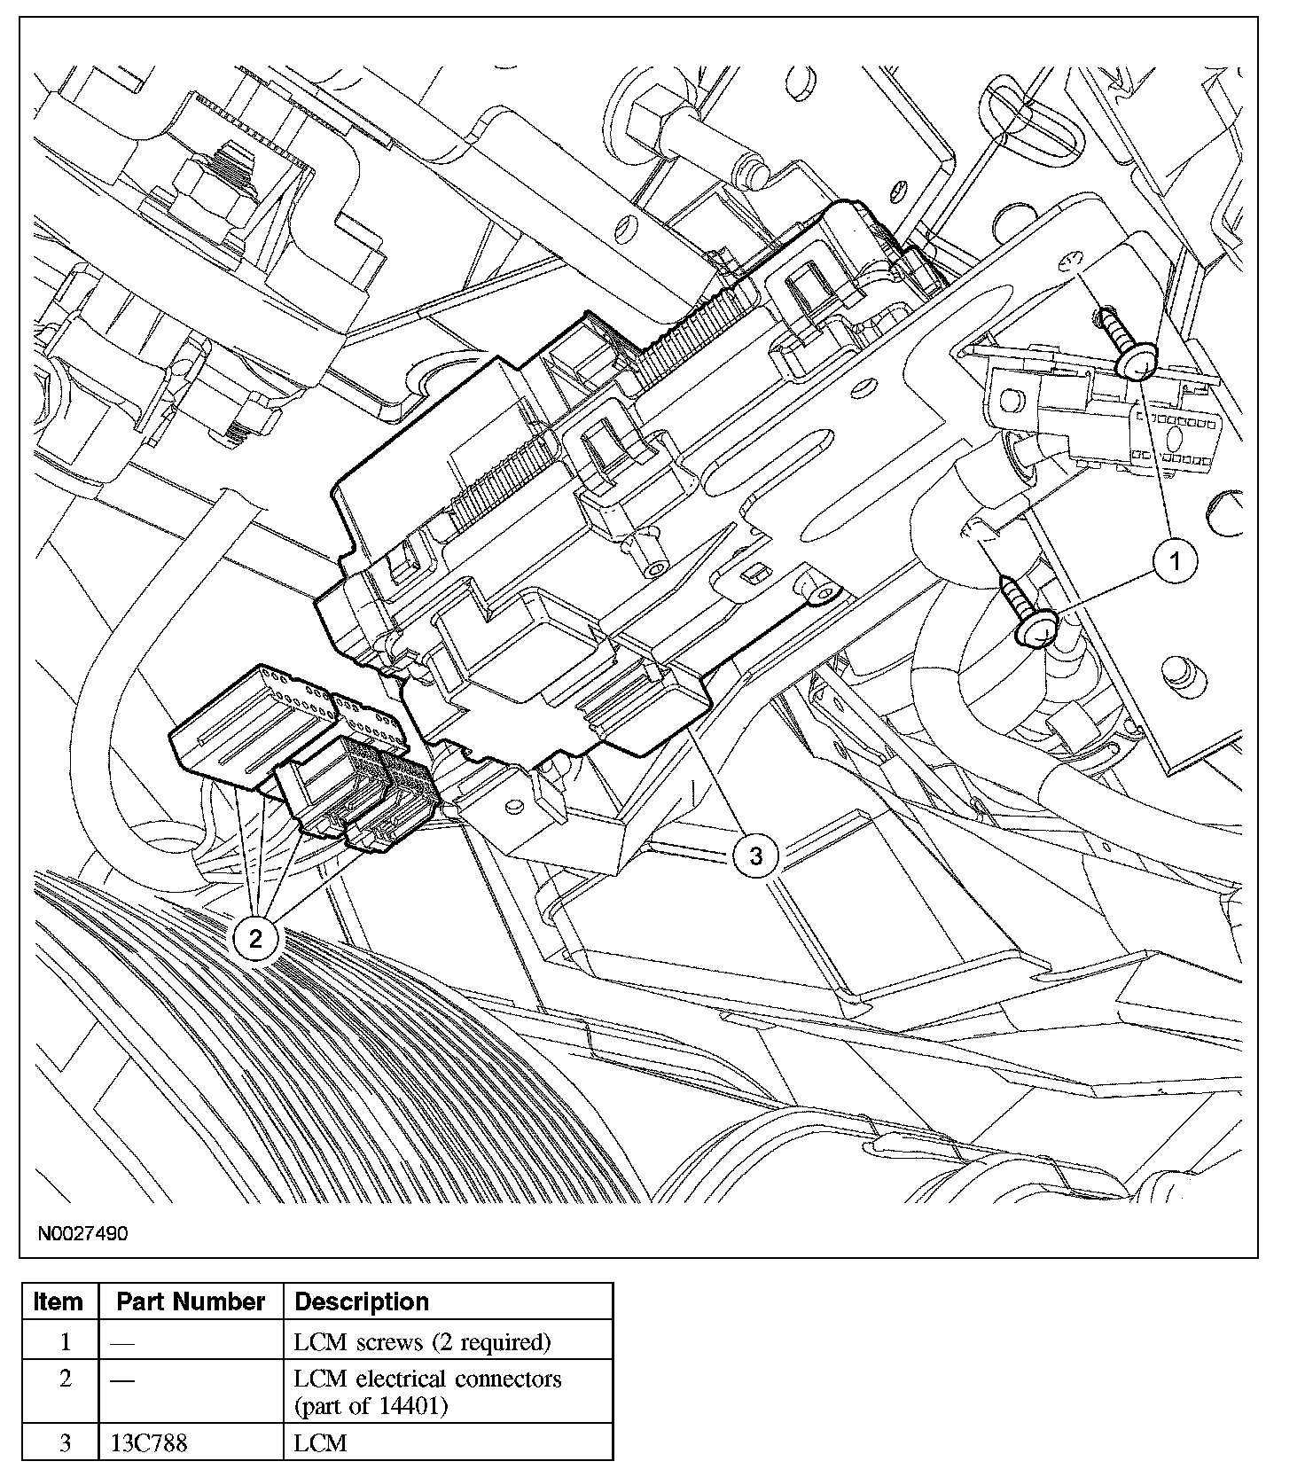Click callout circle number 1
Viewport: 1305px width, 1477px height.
[x=1175, y=561]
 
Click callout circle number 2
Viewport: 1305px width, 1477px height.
[x=256, y=938]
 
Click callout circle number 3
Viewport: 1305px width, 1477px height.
[x=755, y=856]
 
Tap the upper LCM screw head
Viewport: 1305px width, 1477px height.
[x=1138, y=362]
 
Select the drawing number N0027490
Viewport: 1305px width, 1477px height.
[x=82, y=1233]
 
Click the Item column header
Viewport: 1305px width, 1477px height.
[x=59, y=1301]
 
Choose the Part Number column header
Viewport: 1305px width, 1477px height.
[x=191, y=1301]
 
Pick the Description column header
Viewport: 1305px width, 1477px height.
[x=362, y=1301]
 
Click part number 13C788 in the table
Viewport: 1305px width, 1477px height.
[x=149, y=1443]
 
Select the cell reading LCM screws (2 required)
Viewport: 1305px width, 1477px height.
[x=422, y=1342]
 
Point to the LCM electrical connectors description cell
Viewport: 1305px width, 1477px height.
[x=427, y=1392]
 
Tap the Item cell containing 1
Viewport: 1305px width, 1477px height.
[x=64, y=1342]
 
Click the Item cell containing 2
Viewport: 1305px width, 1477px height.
[x=64, y=1379]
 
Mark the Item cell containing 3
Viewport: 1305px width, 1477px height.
[x=64, y=1443]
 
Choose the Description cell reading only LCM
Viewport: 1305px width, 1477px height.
[x=320, y=1443]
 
